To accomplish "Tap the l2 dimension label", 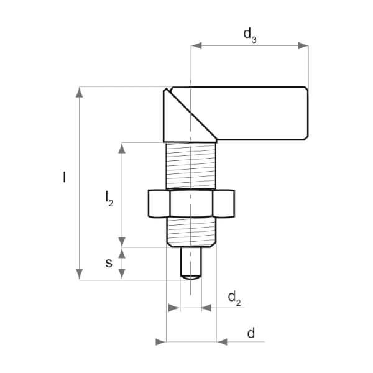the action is (x=109, y=199).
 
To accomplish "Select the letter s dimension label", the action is (x=109, y=264).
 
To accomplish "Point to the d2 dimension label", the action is (x=234, y=298).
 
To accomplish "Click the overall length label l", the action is (x=64, y=177).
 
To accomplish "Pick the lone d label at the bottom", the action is (x=251, y=333).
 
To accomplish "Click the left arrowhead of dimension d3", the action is (x=196, y=45).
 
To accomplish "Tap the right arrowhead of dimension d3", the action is (x=303, y=45).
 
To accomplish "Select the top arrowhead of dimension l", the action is (x=79, y=92).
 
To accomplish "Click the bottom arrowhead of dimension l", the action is (x=79, y=274).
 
